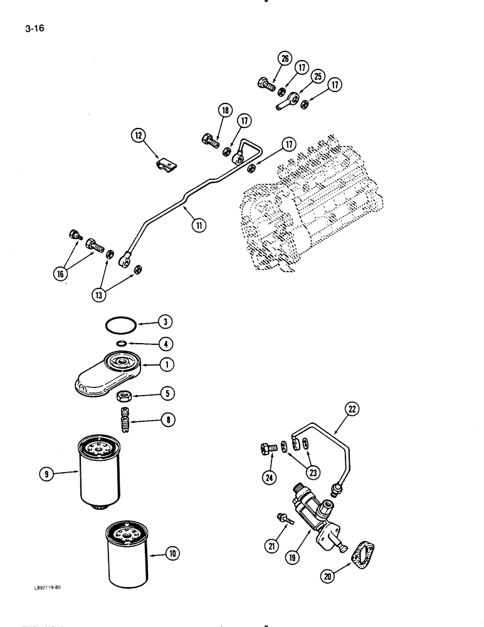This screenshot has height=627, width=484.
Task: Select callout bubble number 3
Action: pyautogui.click(x=164, y=323)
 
